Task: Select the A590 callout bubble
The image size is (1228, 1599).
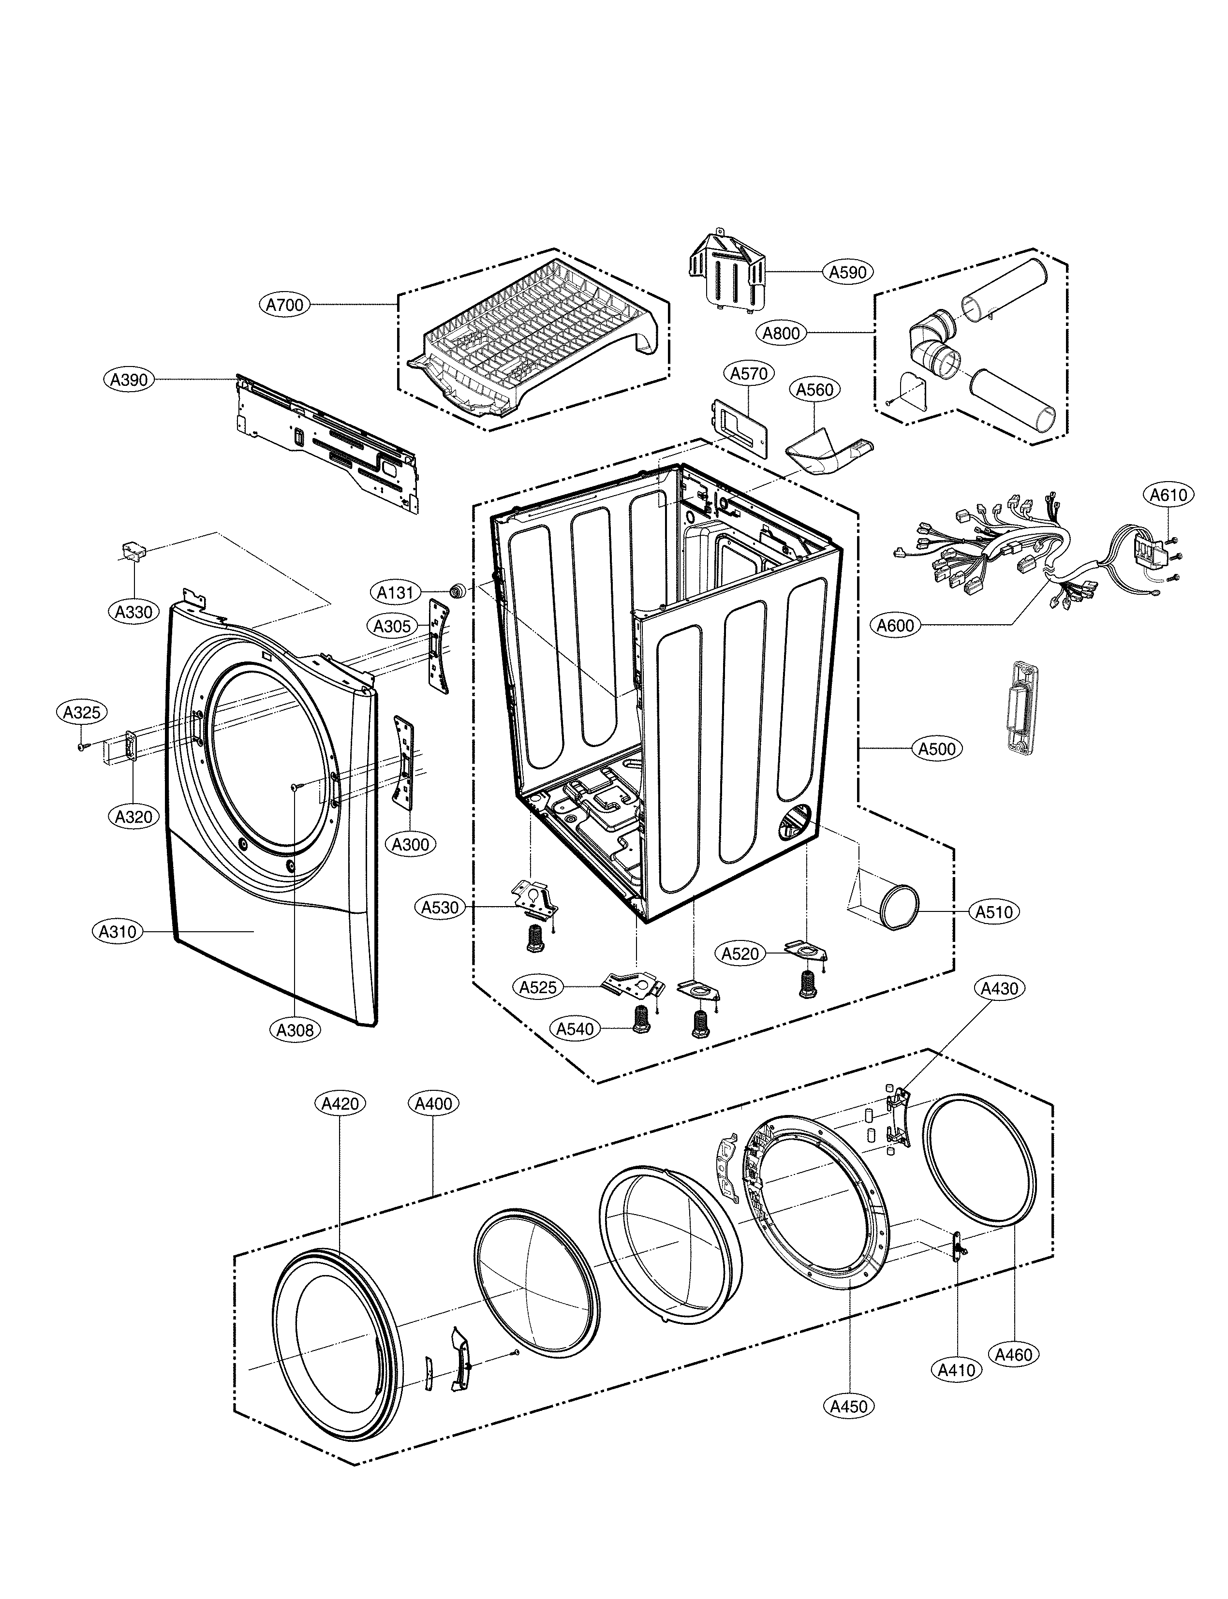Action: pyautogui.click(x=847, y=272)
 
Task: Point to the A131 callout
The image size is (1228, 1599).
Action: pyautogui.click(x=396, y=592)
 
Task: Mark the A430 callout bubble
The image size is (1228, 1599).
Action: pyautogui.click(x=998, y=989)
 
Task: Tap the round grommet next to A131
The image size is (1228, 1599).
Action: pyautogui.click(x=459, y=590)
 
